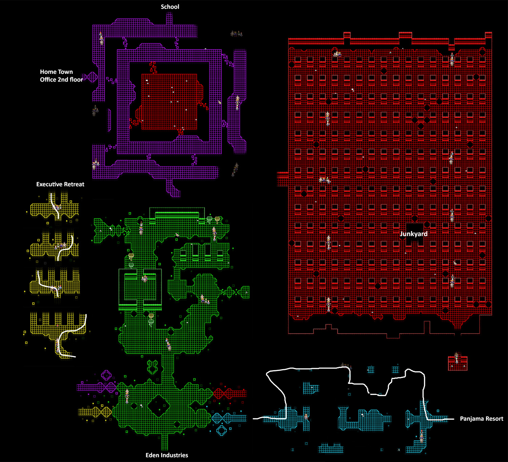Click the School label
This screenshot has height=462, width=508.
pyautogui.click(x=170, y=7)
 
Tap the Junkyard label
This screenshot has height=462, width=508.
pyautogui.click(x=414, y=234)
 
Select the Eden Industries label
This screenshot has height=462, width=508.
pyautogui.click(x=167, y=455)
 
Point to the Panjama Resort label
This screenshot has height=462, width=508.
pyautogui.click(x=481, y=419)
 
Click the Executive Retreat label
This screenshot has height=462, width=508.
pyautogui.click(x=60, y=184)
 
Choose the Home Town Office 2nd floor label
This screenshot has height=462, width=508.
pyautogui.click(x=61, y=76)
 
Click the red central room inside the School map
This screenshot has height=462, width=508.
pyautogui.click(x=169, y=102)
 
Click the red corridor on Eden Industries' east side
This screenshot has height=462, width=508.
pyautogui.click(x=230, y=393)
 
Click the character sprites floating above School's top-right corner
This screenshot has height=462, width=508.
pyautogui.click(x=236, y=34)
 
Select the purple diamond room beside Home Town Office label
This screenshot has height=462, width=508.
pyautogui.click(x=92, y=77)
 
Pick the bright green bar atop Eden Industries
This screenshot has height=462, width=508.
pyautogui.click(x=176, y=215)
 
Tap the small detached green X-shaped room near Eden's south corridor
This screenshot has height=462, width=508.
pyautogui.click(x=152, y=367)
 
